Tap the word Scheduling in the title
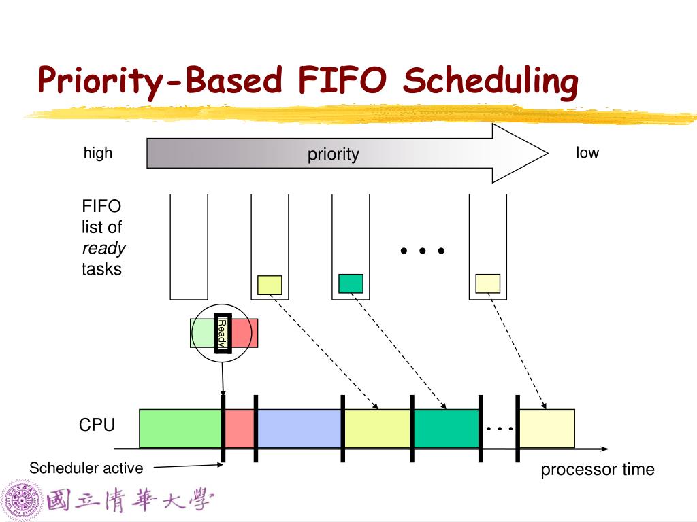point(490,82)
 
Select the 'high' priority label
point(98,153)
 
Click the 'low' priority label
point(587,153)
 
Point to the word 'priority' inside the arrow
point(333,154)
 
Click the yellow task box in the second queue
point(270,285)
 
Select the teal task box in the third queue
point(351,283)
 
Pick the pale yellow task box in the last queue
point(487,283)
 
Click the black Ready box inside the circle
point(223,334)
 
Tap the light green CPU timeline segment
point(180,428)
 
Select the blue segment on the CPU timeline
point(299,428)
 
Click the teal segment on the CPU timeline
point(446,428)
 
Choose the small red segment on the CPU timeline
point(239,428)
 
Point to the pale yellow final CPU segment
point(547,428)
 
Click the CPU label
point(97,425)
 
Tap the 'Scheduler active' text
point(86,468)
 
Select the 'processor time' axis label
point(597,470)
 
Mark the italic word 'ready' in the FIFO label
point(103,248)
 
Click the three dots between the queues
point(423,251)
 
